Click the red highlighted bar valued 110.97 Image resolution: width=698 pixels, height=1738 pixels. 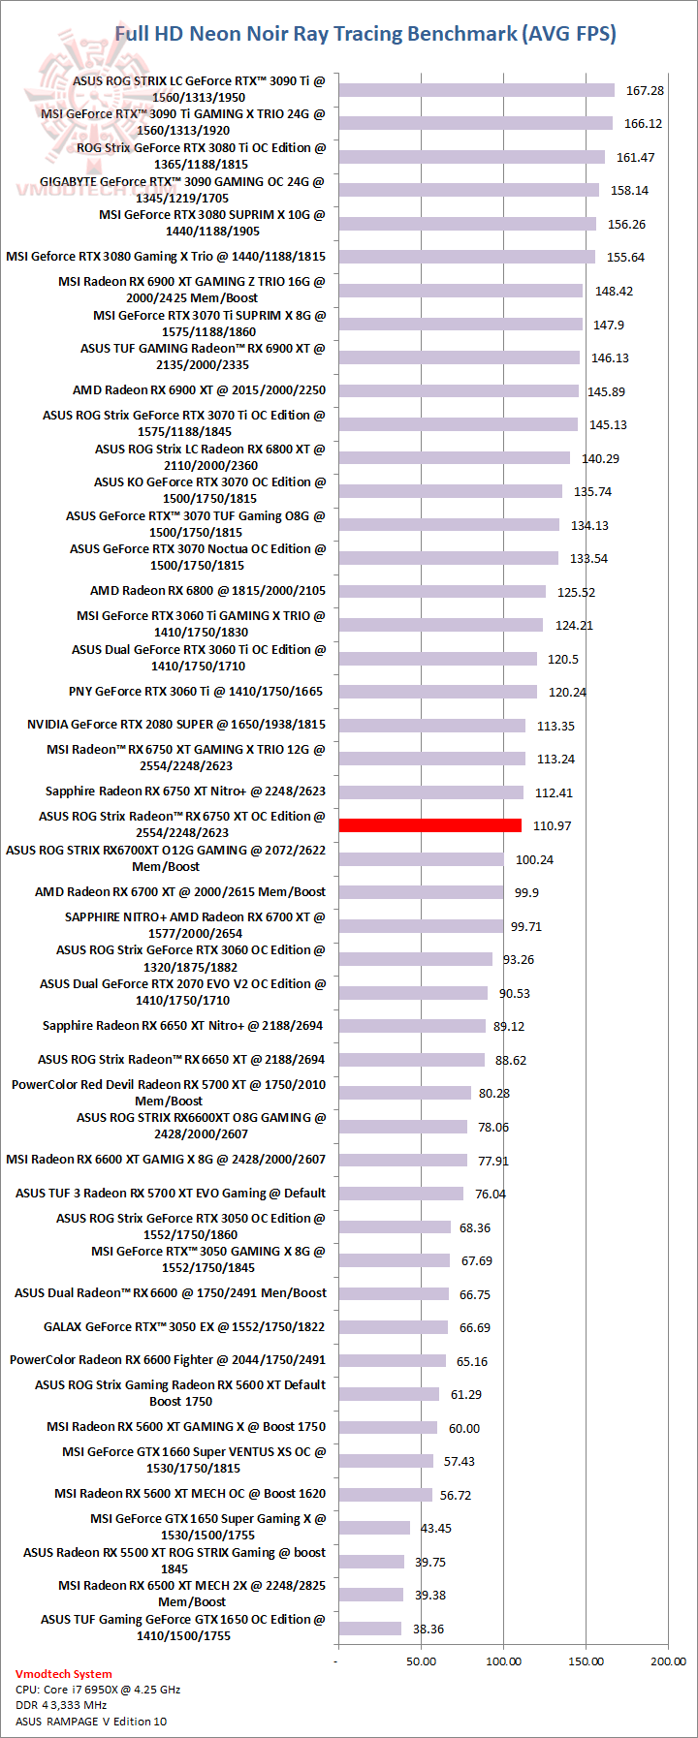pos(430,825)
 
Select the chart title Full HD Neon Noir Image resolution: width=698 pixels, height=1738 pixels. pos(365,34)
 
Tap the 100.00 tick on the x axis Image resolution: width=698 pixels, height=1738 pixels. pos(503,1660)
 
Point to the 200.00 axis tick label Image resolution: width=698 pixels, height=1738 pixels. pos(668,1660)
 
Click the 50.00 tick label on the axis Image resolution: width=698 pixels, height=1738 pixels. pos(421,1660)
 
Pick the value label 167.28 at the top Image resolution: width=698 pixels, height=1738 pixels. pos(645,91)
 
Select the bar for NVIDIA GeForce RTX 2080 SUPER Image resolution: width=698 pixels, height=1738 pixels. pos(432,726)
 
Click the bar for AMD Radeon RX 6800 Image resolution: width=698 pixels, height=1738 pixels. pos(442,592)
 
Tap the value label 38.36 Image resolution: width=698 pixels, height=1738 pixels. pos(428,1629)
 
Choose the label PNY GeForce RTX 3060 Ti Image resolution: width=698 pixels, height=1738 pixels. pos(196,692)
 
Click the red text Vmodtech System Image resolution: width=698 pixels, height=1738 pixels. pos(64,1673)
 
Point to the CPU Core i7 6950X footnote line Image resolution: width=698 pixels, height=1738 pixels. pos(98,1689)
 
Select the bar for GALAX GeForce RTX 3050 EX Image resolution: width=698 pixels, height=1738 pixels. pos(394,1327)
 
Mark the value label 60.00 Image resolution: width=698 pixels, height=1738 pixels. pos(464,1428)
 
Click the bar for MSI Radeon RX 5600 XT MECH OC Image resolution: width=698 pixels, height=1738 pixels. pos(386,1495)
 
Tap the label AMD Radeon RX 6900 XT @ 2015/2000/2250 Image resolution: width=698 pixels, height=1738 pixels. pos(200,390)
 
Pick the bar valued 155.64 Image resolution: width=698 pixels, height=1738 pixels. pos(467,257)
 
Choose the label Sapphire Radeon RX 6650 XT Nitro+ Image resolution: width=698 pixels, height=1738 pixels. pos(183,1026)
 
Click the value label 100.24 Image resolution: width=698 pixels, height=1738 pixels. pos(534,859)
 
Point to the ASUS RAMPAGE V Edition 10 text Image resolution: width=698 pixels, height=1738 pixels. pos(91,1721)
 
